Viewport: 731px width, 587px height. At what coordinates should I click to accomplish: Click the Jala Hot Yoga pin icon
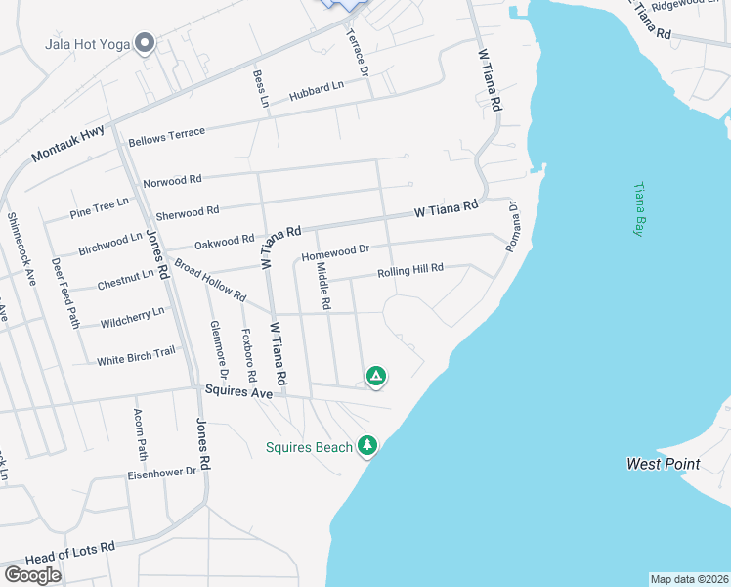[145, 44]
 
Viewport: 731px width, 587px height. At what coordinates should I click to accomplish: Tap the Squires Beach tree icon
[367, 446]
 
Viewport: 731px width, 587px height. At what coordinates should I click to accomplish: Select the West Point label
[664, 463]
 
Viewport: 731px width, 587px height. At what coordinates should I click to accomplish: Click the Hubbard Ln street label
[317, 92]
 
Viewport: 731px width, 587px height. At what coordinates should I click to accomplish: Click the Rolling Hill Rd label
[410, 269]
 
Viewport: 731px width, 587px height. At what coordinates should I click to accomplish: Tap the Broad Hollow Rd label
[210, 281]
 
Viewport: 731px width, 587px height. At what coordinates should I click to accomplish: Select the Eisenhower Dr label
[162, 472]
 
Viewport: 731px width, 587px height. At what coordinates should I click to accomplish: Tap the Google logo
[32, 574]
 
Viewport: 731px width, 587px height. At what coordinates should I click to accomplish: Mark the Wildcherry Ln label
[132, 317]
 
